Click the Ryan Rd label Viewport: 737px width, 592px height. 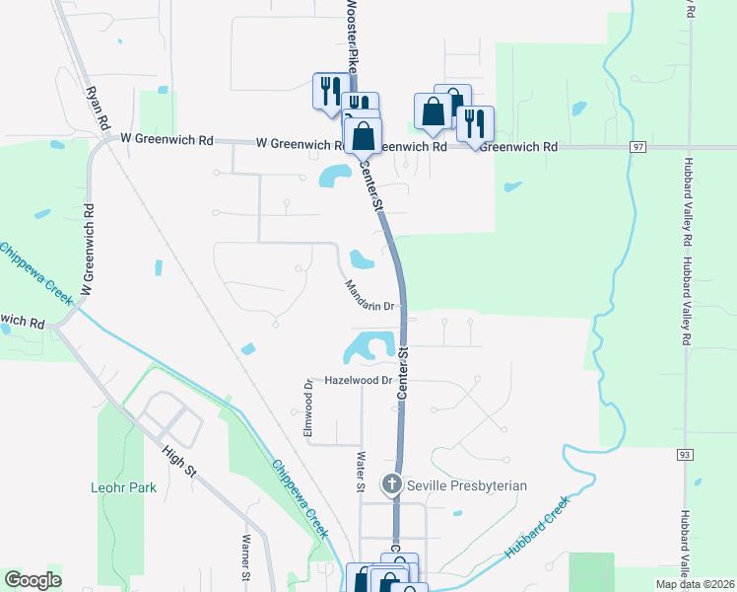point(97,106)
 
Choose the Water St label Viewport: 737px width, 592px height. point(361,472)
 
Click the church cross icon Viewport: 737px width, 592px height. point(392,483)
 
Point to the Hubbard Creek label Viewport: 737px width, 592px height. point(538,528)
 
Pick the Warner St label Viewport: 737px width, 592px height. point(246,559)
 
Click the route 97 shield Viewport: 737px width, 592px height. point(638,147)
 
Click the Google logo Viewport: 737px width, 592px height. point(33,580)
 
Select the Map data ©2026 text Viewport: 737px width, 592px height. point(695,584)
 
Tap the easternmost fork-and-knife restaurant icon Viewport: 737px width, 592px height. point(475,122)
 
